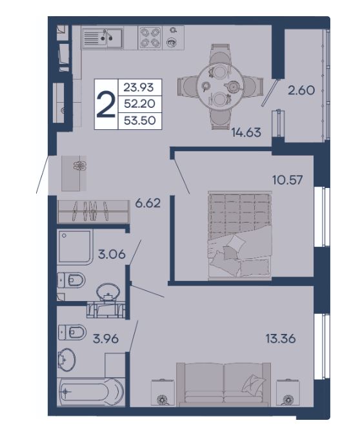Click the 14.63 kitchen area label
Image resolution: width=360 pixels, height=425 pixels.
[246, 132]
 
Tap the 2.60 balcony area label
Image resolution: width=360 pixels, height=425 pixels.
[301, 90]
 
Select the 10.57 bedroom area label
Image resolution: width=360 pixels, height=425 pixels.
[287, 180]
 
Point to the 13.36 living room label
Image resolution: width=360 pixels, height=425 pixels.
[281, 339]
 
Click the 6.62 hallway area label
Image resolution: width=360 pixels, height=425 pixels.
[148, 203]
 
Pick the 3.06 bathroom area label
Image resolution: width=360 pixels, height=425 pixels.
[112, 254]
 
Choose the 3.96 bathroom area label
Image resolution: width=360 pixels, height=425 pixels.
[106, 339]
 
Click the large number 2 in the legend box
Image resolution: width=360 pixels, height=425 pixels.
[106, 105]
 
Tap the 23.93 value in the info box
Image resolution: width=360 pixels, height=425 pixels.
[139, 88]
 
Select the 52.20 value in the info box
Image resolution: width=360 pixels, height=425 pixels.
[139, 103]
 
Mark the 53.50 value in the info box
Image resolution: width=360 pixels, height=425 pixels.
[139, 120]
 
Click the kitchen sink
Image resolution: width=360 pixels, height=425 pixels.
[103, 38]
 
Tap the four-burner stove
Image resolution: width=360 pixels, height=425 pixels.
[150, 37]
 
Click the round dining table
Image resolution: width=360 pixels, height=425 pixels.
[220, 87]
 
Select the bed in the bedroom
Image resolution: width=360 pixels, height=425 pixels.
[240, 235]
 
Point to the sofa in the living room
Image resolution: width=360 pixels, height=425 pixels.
[224, 384]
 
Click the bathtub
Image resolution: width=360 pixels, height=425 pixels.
[91, 391]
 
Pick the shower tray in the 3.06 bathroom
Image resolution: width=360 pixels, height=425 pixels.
[75, 247]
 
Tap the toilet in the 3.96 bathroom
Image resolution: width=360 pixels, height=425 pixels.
[72, 332]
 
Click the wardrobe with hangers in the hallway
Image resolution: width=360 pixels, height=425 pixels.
[93, 212]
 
